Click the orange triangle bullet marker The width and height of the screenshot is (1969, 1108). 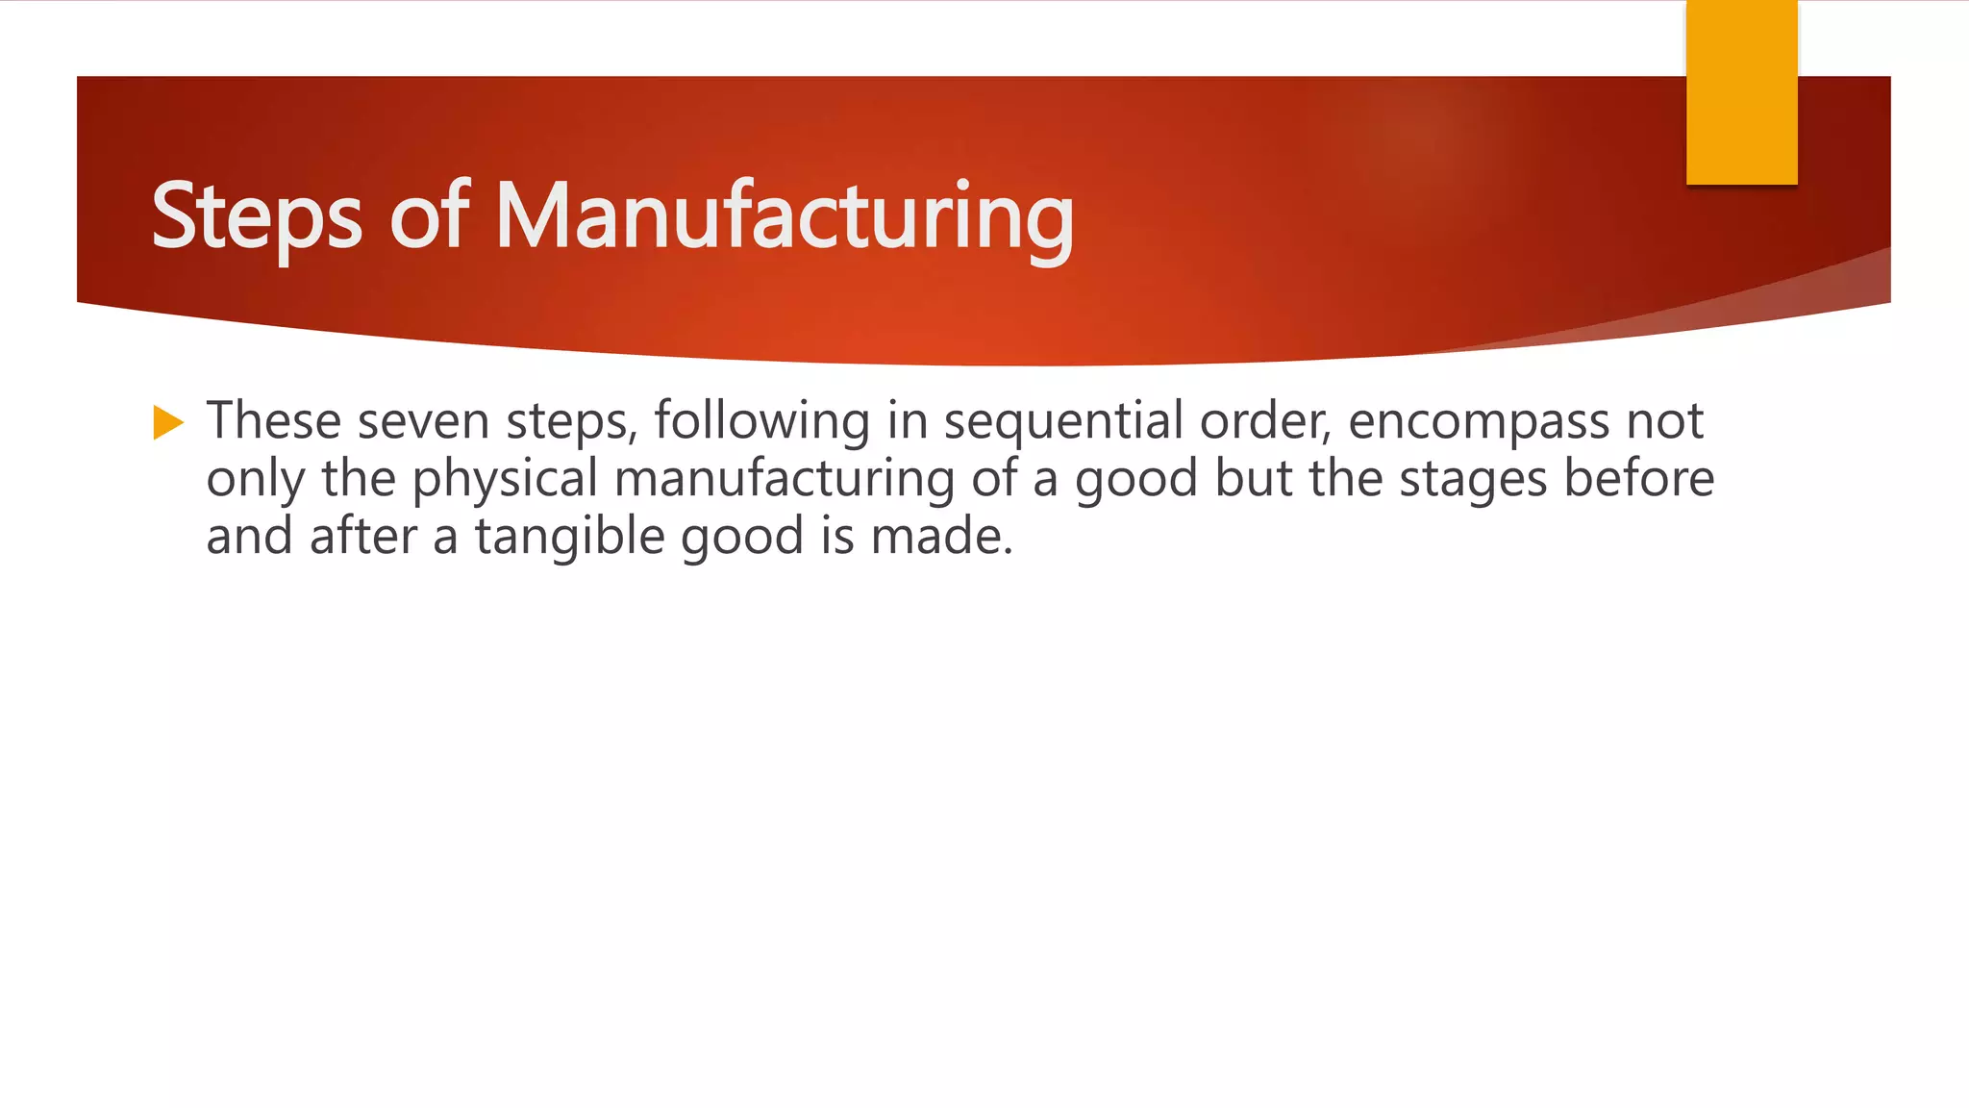click(167, 422)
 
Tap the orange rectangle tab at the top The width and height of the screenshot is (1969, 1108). click(1741, 91)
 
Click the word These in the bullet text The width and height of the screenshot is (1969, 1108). click(274, 421)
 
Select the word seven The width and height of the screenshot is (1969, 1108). click(423, 421)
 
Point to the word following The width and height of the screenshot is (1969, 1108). click(761, 421)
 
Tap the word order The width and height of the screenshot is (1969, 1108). click(1264, 421)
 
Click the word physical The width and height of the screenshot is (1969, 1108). click(505, 479)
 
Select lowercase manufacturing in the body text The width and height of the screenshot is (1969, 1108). click(784, 479)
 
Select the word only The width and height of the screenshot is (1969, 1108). click(255, 479)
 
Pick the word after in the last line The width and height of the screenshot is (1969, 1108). click(362, 536)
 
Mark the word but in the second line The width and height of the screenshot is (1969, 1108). click(1253, 478)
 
